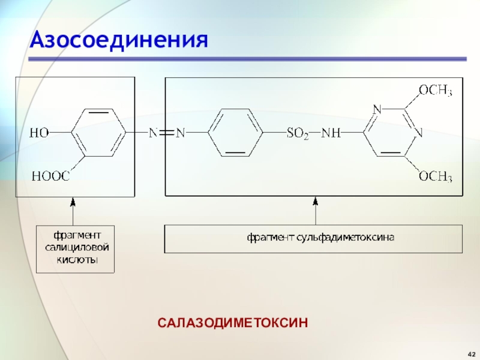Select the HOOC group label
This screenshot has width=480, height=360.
(x=50, y=176)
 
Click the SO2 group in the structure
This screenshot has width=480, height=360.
(x=298, y=133)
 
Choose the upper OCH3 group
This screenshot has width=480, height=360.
(x=435, y=91)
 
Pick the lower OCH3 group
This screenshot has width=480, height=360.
(x=435, y=176)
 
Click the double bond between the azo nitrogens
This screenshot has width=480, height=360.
(x=166, y=133)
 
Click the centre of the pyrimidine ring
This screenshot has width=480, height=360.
(x=391, y=133)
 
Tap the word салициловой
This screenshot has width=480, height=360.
(x=75, y=248)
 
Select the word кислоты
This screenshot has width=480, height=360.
(x=75, y=260)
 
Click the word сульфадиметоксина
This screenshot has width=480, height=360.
(x=345, y=238)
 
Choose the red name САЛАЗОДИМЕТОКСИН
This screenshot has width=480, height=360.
(x=233, y=323)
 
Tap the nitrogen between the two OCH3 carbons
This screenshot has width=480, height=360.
(x=419, y=133)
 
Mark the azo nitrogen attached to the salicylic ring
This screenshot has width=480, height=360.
(x=152, y=133)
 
